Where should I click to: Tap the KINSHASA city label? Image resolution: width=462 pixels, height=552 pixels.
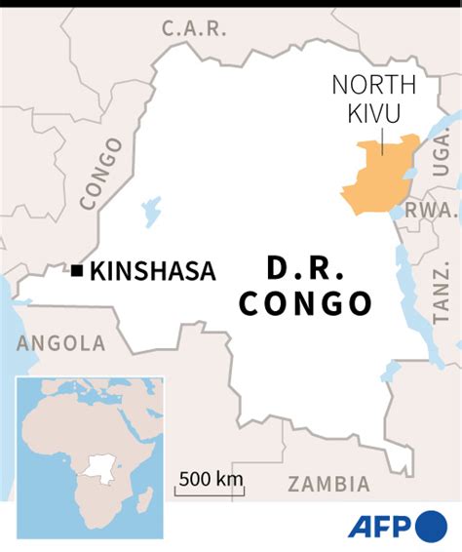tap(152, 271)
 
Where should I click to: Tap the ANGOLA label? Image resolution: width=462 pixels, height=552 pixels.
tap(60, 343)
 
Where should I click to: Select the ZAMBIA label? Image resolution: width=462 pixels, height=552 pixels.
tap(329, 484)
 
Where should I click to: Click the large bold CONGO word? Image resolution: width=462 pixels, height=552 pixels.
tap(305, 303)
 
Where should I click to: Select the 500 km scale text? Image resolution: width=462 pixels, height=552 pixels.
tap(210, 478)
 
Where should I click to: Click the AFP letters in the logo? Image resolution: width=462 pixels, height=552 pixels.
tap(380, 527)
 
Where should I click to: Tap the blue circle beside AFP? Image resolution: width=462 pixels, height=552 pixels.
tap(431, 527)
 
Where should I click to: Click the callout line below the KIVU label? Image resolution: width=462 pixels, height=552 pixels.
tap(381, 138)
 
